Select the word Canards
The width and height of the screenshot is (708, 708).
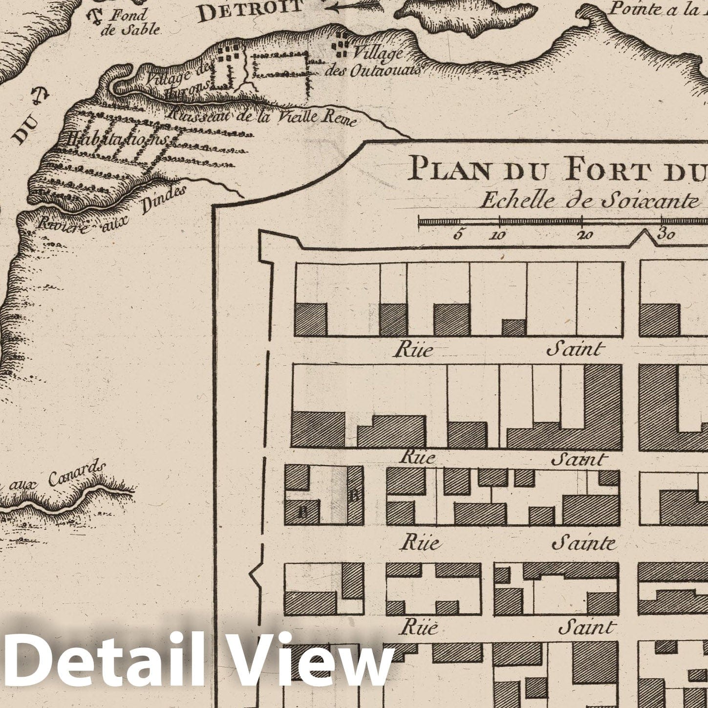pyautogui.click(x=78, y=473)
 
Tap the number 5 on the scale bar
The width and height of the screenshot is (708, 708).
pyautogui.click(x=457, y=235)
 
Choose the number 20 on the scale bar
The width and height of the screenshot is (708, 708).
pyautogui.click(x=584, y=235)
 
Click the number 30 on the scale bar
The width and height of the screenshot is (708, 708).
pyautogui.click(x=666, y=234)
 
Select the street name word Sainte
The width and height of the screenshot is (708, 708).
pyautogui.click(x=583, y=543)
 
